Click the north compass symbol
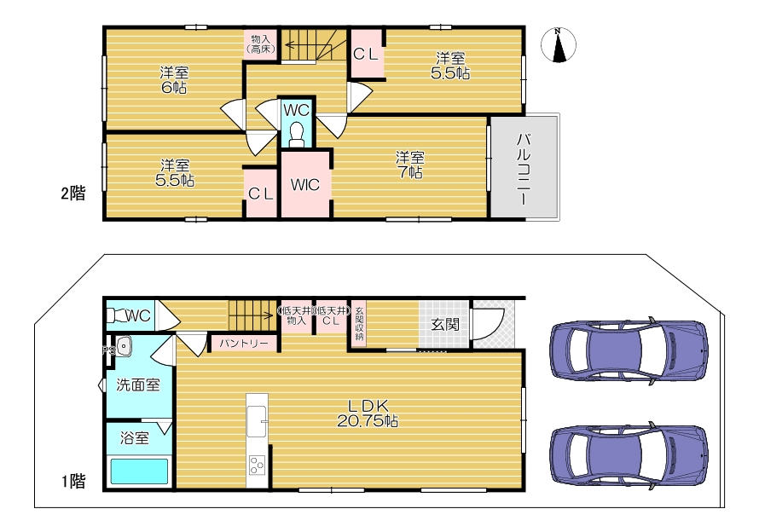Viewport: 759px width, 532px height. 558,45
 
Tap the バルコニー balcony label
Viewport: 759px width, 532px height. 524,168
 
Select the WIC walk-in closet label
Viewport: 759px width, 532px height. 305,184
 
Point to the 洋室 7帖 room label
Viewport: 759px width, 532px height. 409,165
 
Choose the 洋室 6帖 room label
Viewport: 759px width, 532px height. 174,80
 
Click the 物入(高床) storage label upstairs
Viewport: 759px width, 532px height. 262,44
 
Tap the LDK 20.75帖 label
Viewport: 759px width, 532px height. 368,413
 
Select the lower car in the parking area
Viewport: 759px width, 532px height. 629,454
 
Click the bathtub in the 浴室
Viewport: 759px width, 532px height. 139,471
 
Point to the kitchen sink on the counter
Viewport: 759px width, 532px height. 257,421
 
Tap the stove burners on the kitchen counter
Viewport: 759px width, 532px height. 257,465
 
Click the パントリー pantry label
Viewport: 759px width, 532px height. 244,344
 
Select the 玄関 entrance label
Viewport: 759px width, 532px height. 444,324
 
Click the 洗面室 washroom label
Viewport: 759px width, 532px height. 138,385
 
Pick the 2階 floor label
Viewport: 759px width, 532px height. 72,194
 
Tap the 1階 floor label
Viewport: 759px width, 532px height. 72,481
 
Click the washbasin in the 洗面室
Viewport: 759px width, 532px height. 124,345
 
